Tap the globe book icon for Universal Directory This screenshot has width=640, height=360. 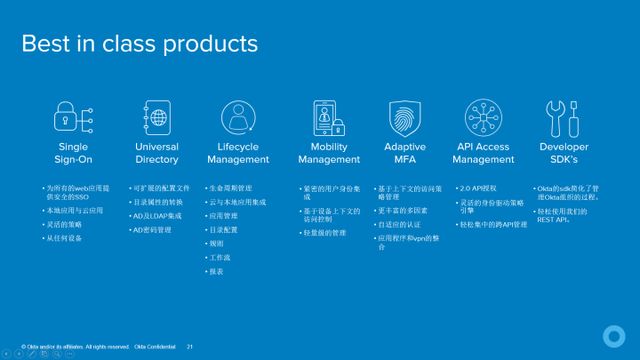(x=157, y=117)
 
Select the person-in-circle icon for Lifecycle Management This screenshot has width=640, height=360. (x=237, y=117)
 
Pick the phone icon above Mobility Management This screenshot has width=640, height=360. (x=325, y=117)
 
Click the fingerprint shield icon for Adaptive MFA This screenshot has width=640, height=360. (x=404, y=117)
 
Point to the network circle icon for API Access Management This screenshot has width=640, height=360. (x=484, y=117)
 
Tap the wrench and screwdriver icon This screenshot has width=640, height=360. (x=564, y=117)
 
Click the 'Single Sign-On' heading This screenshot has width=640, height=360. (x=74, y=153)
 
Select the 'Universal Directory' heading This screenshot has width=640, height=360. (x=156, y=153)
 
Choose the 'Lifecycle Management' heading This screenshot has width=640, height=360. (x=237, y=153)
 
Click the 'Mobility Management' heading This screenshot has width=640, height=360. (x=329, y=153)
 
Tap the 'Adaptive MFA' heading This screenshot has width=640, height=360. (x=404, y=153)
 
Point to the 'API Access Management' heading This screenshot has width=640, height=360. (x=484, y=153)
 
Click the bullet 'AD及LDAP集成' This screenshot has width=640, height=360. (x=157, y=216)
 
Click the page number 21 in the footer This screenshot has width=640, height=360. (x=189, y=346)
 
